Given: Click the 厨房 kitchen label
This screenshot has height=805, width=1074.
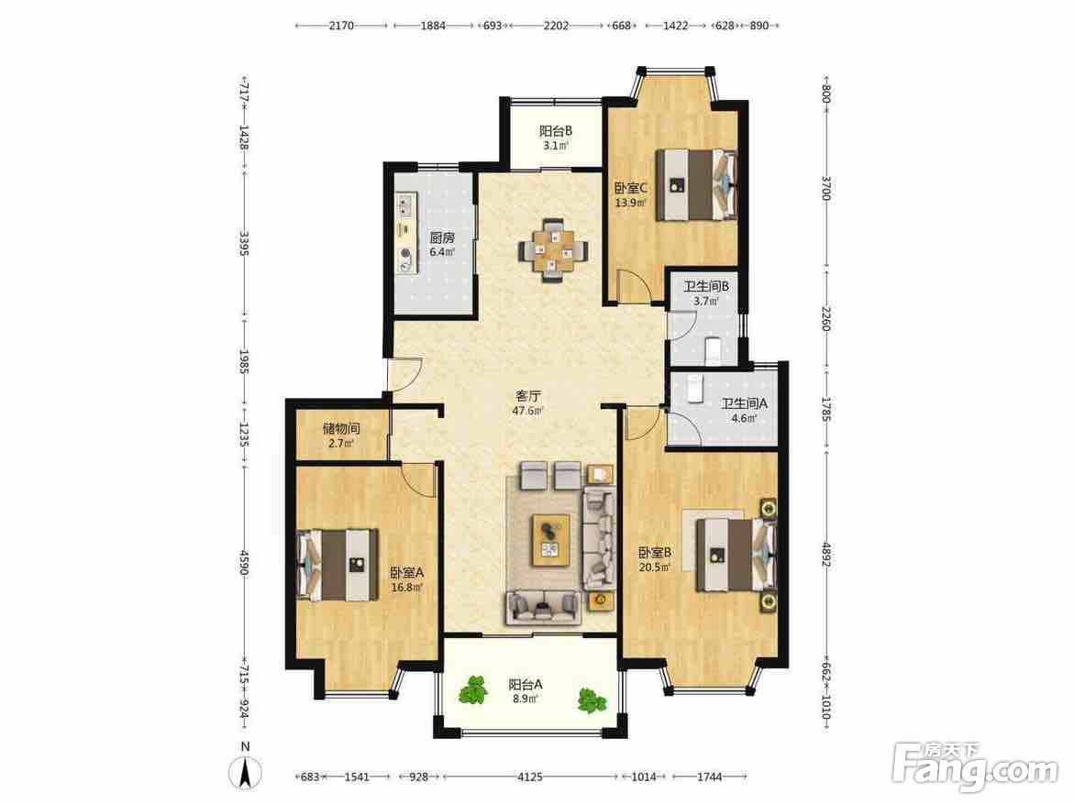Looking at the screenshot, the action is point(442,238).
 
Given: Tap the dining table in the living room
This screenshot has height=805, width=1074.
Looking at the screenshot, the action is point(552,250).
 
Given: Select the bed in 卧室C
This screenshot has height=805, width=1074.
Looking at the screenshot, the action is point(697,185).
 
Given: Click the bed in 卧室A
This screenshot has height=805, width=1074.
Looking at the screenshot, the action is point(338,565).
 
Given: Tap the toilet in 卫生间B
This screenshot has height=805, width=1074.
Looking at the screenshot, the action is point(713,350).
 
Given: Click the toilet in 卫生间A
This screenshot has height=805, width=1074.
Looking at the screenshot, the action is point(695,388).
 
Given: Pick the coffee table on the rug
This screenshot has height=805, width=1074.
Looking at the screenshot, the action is point(551,540).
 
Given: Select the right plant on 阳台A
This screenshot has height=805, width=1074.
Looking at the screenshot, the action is point(591,700).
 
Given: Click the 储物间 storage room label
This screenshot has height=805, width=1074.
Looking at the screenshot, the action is point(341,429).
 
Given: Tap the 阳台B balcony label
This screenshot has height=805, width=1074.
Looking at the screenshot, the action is point(556,131).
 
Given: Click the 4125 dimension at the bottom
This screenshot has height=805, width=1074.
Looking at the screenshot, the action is point(529,777).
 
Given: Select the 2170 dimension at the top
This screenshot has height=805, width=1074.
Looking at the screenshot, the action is point(341,26).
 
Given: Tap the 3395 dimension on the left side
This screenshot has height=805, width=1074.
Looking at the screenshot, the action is point(244,244).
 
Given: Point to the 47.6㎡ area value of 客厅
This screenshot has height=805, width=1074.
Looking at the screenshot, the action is point(528,411).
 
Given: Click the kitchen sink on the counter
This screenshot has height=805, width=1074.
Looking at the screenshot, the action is point(406,204).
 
